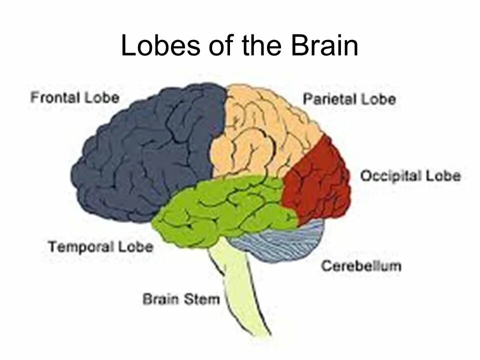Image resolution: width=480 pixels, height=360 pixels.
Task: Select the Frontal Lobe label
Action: point(75,97)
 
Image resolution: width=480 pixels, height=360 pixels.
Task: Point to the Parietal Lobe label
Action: point(349,98)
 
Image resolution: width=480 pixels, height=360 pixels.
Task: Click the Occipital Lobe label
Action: point(410,176)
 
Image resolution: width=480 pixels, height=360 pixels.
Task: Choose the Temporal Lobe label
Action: point(100,246)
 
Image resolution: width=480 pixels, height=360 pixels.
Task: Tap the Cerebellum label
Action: point(360,265)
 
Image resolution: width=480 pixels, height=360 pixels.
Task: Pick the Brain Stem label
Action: point(181,299)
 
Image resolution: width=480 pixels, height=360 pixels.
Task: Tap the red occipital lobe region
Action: point(317,185)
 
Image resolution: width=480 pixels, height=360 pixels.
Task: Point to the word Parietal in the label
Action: point(328,98)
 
